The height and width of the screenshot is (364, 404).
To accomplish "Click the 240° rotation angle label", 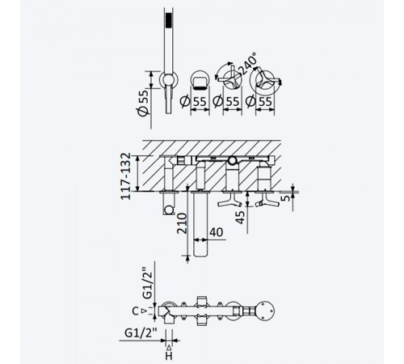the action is [x=248, y=64].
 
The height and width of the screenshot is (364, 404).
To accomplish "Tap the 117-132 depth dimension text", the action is [x=126, y=176].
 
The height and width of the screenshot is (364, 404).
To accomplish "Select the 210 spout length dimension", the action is [x=182, y=223].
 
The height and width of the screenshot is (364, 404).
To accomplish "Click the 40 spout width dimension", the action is [x=217, y=232].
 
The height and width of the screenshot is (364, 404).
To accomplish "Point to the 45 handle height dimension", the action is [x=240, y=218].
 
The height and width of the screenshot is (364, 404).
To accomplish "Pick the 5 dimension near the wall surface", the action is [x=287, y=198].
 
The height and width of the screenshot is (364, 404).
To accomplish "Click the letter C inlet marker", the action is [x=136, y=311].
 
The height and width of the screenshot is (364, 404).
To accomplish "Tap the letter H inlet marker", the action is [x=169, y=356].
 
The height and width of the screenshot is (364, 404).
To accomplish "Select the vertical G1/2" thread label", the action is [x=148, y=283].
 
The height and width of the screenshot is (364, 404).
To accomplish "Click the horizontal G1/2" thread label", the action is [x=141, y=333].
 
